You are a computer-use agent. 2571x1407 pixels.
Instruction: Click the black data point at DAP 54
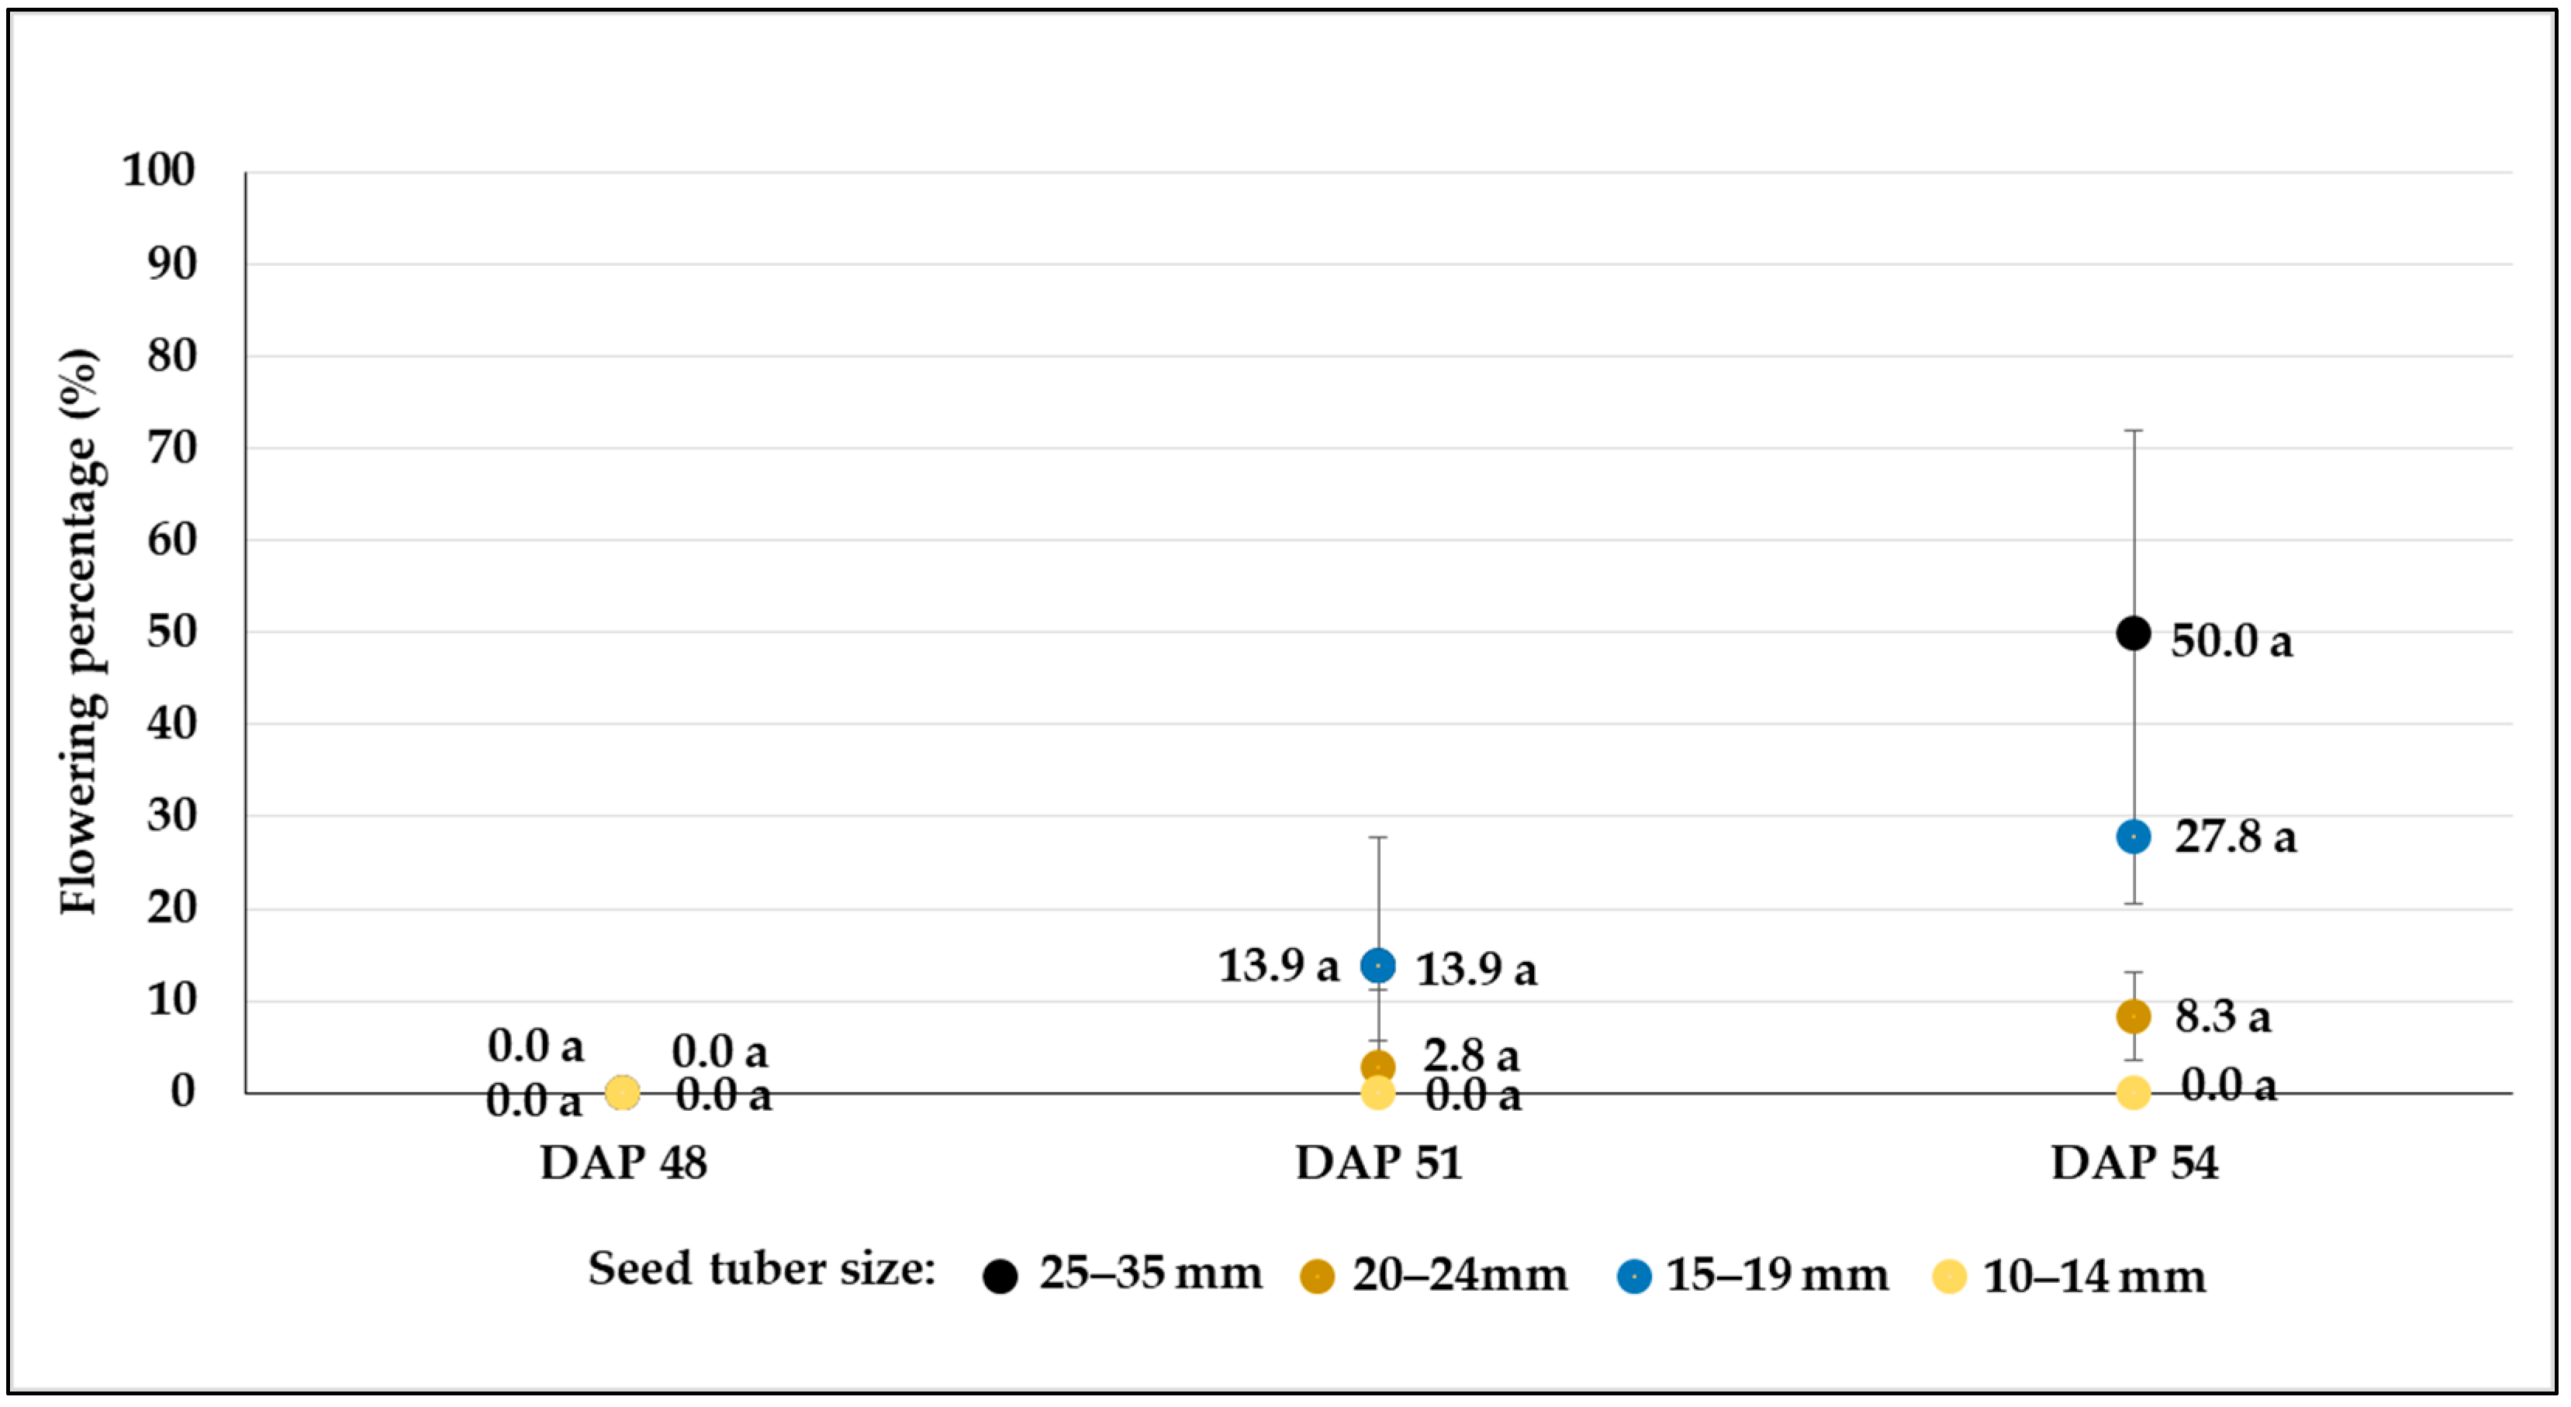click(2133, 633)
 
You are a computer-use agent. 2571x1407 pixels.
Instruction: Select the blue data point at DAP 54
click(2133, 836)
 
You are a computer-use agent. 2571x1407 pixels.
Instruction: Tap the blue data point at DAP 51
click(1378, 965)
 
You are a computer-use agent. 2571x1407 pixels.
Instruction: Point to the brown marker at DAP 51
click(1378, 1066)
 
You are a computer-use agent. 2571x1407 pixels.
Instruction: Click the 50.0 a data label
click(2231, 640)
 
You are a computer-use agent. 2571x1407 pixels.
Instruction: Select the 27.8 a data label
click(2236, 836)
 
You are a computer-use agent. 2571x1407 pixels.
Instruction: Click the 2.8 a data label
click(1471, 1055)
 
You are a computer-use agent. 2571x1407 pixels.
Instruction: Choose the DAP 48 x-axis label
click(624, 1163)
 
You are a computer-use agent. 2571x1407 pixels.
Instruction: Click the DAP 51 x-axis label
click(1378, 1163)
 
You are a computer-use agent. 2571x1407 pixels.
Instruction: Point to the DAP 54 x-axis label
click(2134, 1163)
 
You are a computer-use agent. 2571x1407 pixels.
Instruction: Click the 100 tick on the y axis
click(159, 171)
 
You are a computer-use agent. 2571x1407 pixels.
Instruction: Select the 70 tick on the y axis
click(171, 447)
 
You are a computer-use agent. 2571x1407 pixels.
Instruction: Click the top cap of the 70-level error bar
click(2134, 430)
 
